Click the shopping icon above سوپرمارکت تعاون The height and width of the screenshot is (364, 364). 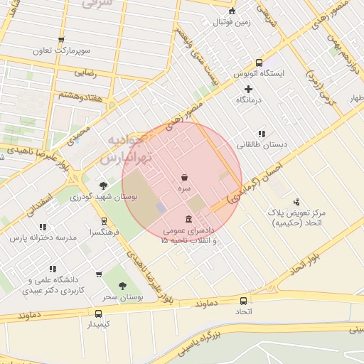pyautogui.click(x=61, y=40)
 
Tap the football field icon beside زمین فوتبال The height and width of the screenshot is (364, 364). pyautogui.click(x=232, y=10)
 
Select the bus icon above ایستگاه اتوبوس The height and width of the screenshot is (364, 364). pyautogui.click(x=259, y=62)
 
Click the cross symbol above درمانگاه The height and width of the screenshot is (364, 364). pyautogui.click(x=248, y=89)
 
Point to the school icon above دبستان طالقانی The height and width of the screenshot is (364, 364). pyautogui.click(x=262, y=133)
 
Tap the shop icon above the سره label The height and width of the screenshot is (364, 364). pyautogui.click(x=185, y=177)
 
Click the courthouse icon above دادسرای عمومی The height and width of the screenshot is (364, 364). pyautogui.click(x=188, y=219)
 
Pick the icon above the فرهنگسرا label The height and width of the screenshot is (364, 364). pyautogui.click(x=105, y=221)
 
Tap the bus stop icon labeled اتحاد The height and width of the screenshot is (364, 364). pyautogui.click(x=244, y=300)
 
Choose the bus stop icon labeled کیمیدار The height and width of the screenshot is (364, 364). pyautogui.click(x=98, y=313)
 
